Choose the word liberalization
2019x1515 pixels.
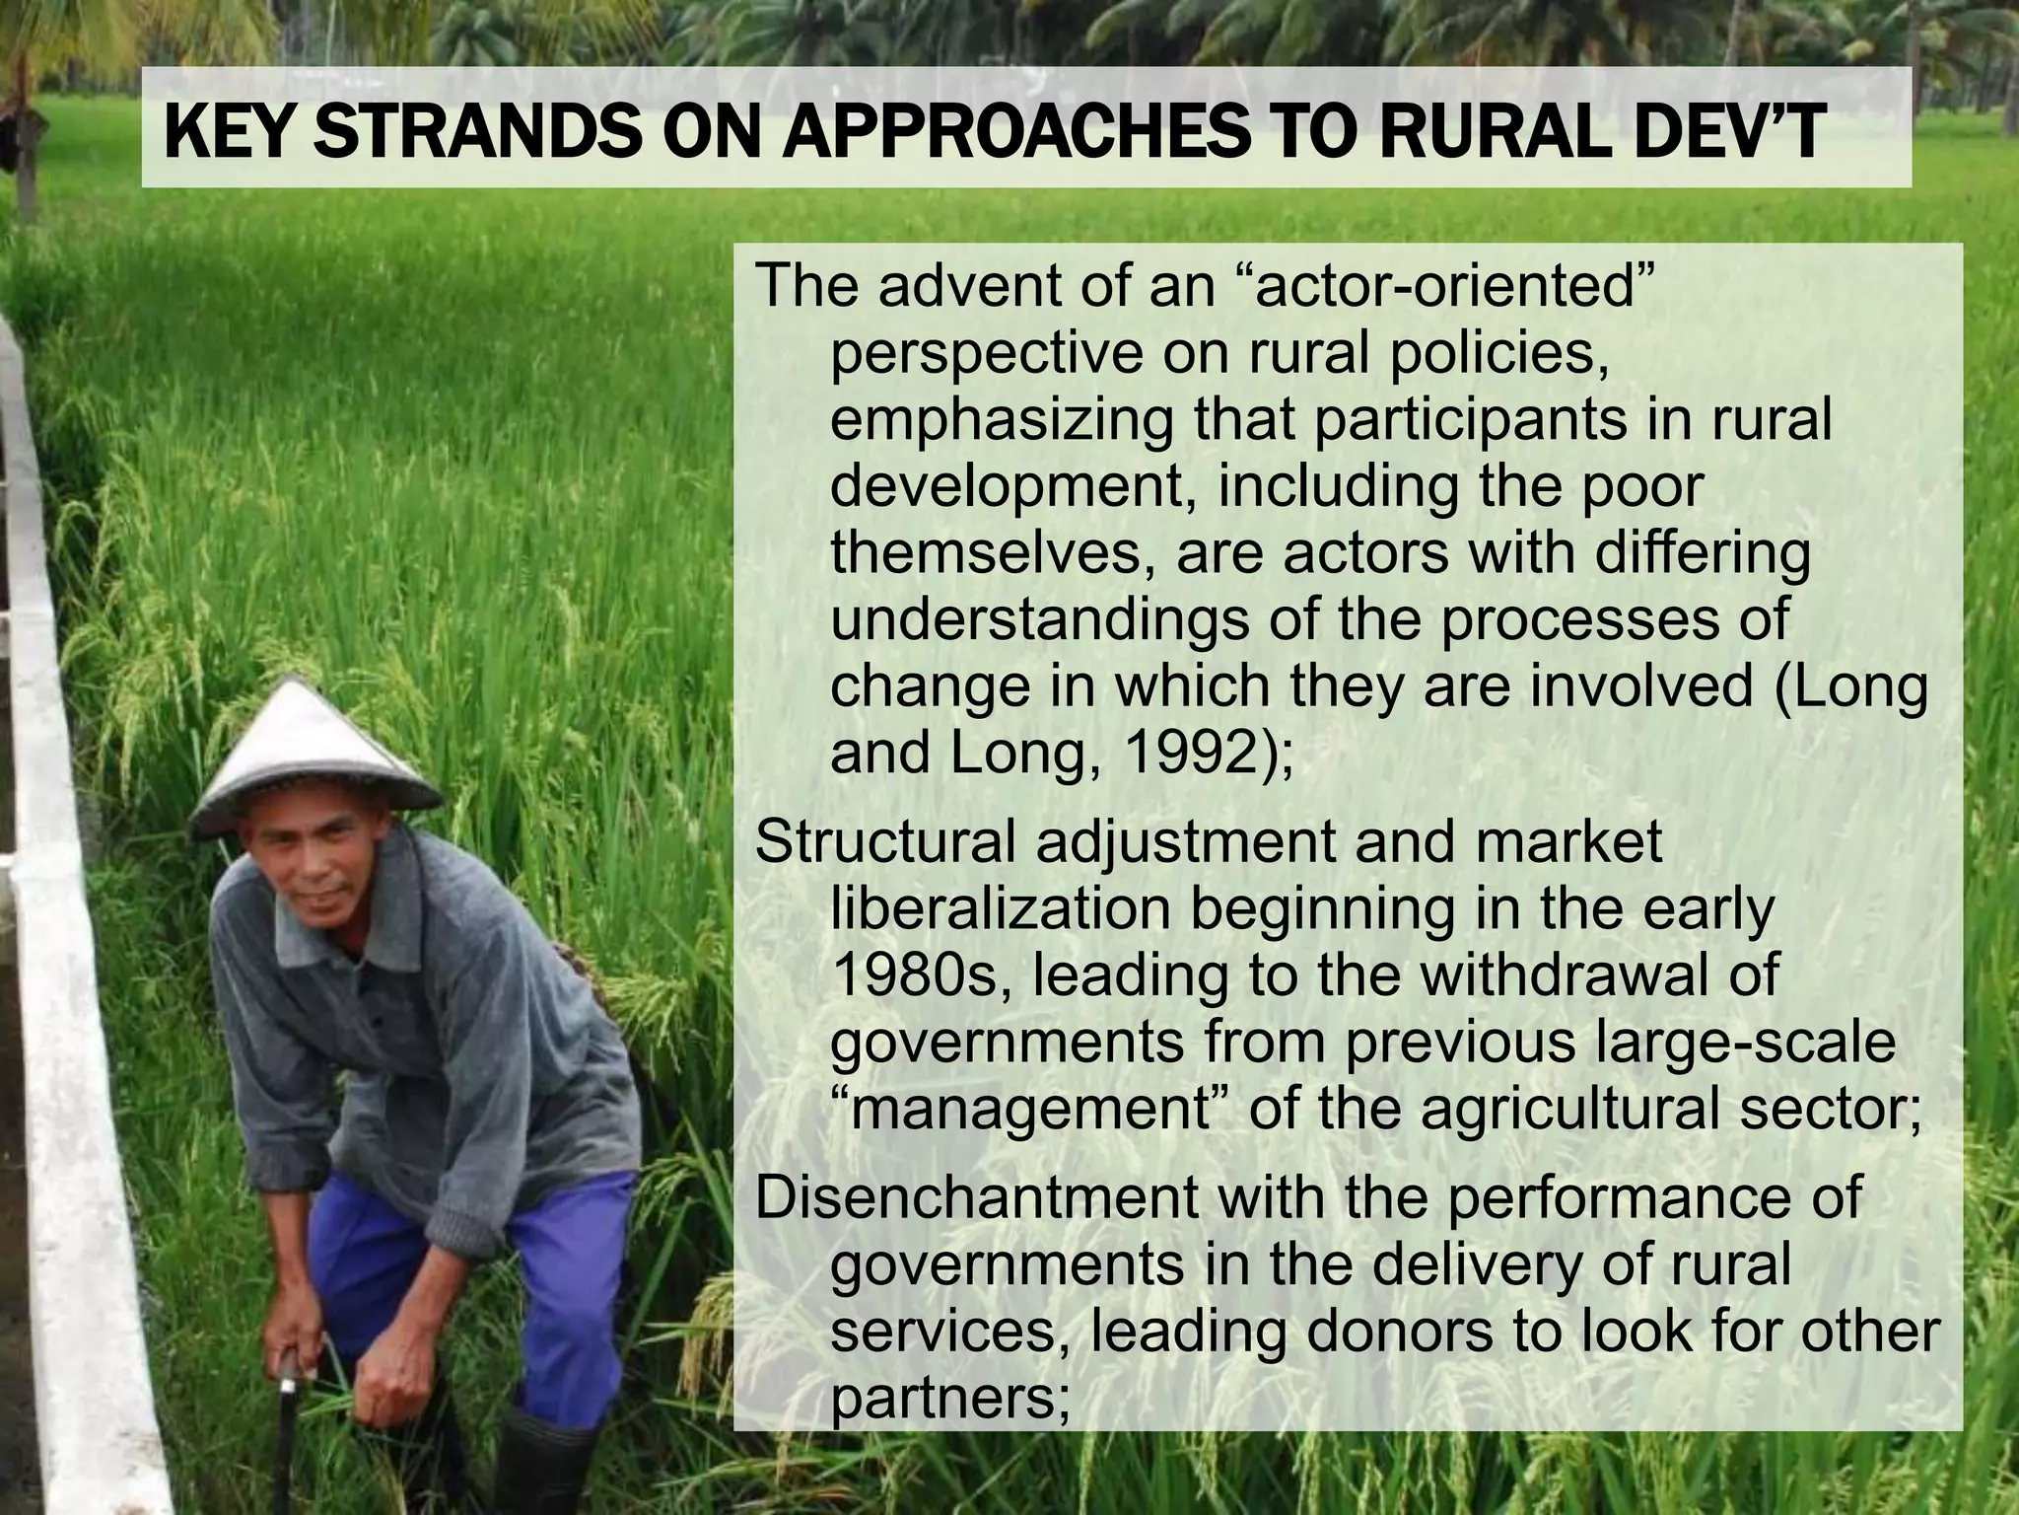coord(1002,909)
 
